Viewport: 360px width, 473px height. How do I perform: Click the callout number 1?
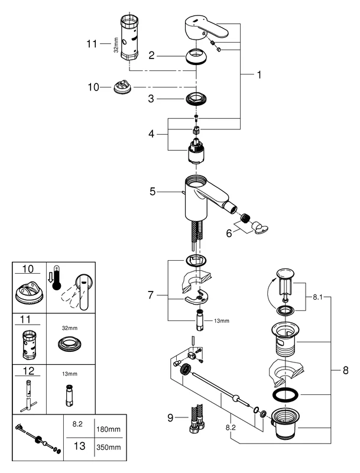pos(258,75)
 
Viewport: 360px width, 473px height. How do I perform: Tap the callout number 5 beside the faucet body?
pos(153,191)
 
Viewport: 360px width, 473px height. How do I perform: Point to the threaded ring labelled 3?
pos(197,99)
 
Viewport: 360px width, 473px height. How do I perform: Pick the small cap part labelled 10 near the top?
pos(121,88)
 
